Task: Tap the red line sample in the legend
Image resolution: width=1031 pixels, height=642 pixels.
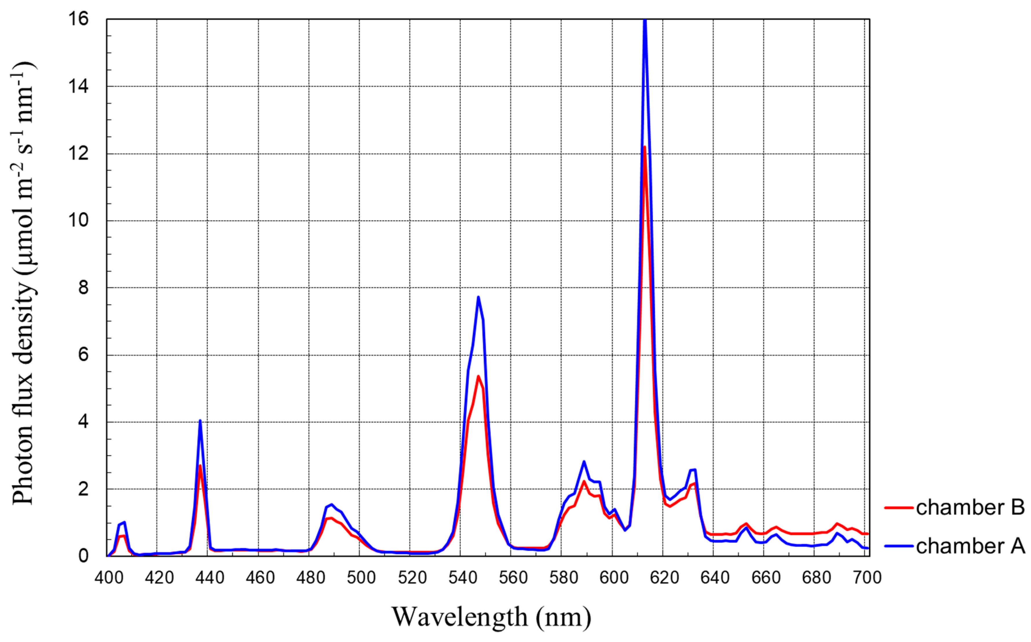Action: point(899,508)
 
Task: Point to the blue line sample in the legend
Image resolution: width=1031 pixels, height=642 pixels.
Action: point(899,546)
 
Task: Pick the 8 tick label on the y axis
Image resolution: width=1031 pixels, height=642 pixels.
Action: point(83,288)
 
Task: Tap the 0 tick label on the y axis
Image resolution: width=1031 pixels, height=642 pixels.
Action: point(83,556)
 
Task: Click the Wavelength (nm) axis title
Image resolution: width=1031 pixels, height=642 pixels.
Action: point(491,617)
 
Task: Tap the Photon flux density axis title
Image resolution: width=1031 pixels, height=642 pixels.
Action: point(23,284)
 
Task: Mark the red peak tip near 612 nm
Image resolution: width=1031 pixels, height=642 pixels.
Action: point(644,147)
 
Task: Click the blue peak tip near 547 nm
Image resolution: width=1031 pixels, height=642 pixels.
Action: point(478,297)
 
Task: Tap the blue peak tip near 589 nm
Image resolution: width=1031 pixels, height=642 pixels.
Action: point(584,461)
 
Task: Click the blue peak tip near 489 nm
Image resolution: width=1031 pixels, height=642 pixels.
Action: point(331,504)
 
